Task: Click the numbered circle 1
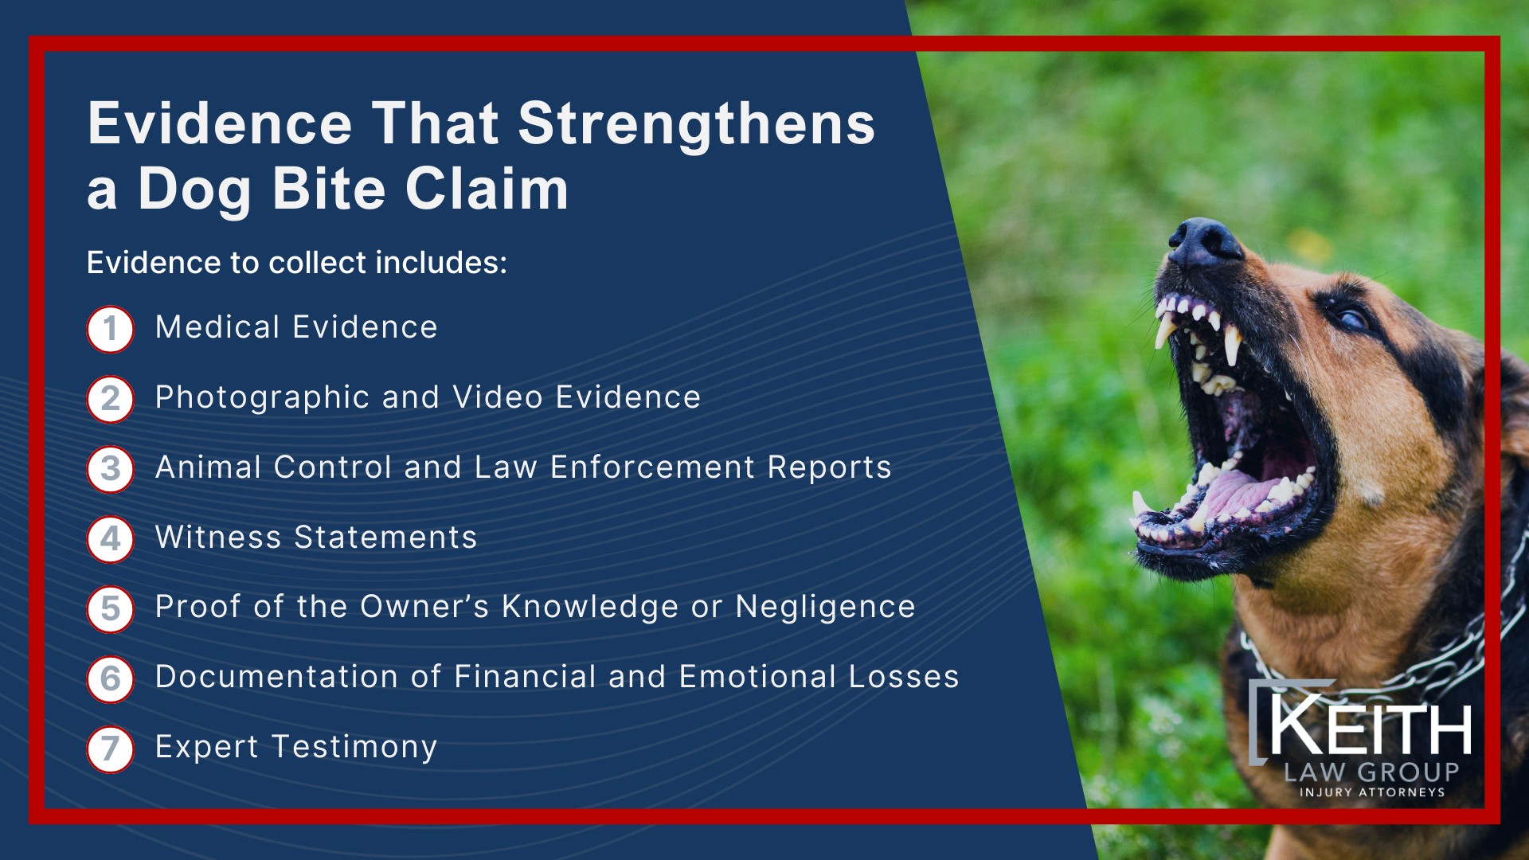(110, 329)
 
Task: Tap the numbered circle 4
(110, 539)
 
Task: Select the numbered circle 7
(110, 749)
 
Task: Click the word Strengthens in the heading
(697, 125)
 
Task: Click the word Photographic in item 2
(262, 397)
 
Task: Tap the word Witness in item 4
(218, 537)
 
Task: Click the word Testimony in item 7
(354, 748)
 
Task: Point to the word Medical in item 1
(217, 327)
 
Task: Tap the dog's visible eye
(1352, 319)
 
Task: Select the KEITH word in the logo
(1370, 726)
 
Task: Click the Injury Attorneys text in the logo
(1371, 792)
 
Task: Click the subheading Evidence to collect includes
(296, 263)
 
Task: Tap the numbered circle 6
(110, 679)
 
